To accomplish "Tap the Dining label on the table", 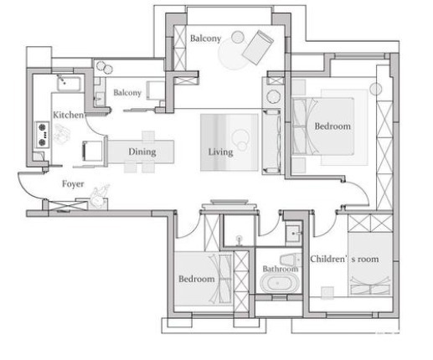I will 142,152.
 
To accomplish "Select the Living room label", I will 220,152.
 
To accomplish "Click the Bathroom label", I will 280,270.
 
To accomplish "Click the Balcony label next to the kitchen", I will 127,93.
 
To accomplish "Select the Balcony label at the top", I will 205,39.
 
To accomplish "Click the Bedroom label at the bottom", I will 196,279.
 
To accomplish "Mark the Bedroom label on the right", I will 332,126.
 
